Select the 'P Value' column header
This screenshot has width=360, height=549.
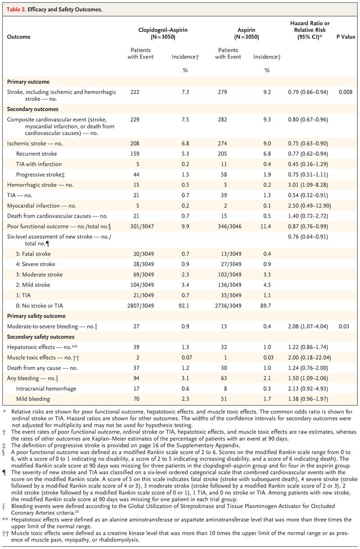pyautogui.click(x=345, y=36)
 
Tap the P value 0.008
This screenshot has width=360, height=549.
pyautogui.click(x=345, y=92)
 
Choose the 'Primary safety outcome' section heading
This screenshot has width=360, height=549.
pyautogui.click(x=36, y=316)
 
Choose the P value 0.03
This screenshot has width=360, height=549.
pyautogui.click(x=345, y=326)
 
